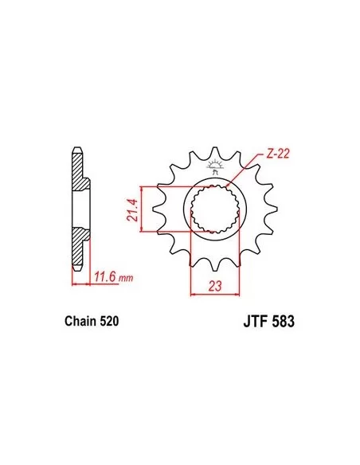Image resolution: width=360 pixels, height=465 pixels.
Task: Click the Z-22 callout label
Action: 276,154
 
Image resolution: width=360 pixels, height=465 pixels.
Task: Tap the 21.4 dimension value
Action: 132,210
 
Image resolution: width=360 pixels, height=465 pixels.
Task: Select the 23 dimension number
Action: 215,286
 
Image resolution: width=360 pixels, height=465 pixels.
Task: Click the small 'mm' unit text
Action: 126,278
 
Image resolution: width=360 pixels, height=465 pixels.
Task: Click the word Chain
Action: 80,321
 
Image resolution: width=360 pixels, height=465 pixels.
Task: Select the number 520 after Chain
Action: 109,321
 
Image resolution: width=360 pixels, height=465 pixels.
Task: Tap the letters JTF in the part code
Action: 255,321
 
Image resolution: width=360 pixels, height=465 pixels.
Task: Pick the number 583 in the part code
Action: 282,321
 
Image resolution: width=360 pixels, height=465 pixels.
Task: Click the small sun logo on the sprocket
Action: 214,166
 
